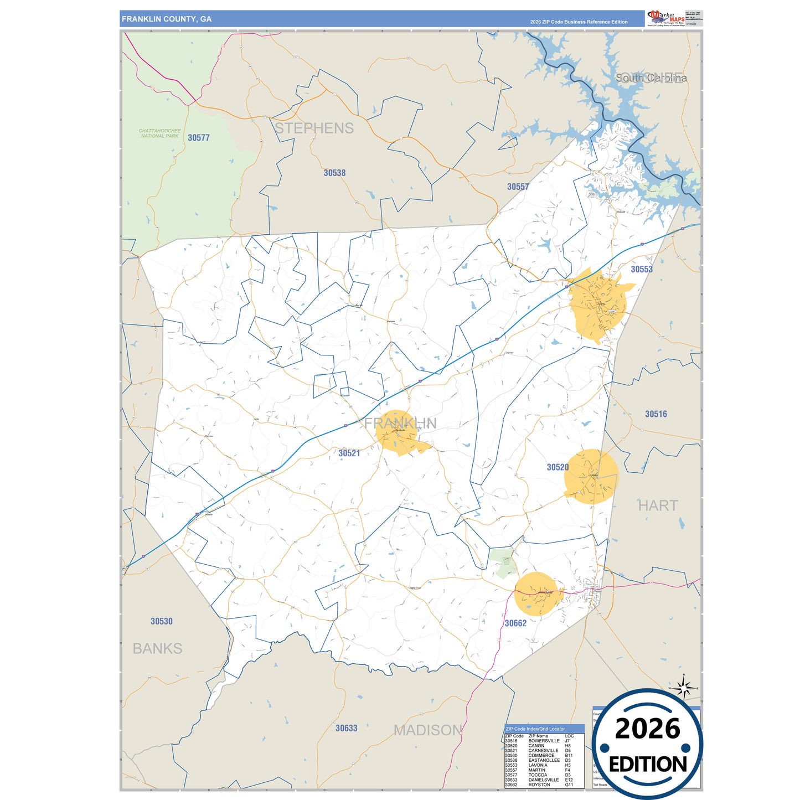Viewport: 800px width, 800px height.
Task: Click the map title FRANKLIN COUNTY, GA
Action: click(167, 19)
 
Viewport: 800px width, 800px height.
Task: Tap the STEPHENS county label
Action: click(314, 128)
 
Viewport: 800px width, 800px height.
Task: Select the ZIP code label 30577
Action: click(198, 138)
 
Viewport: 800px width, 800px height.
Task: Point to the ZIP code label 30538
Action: click(334, 173)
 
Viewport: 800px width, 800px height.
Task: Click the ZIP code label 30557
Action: click(518, 187)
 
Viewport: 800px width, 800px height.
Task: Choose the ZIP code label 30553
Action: click(641, 269)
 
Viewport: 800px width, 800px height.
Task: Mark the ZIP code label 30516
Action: click(656, 414)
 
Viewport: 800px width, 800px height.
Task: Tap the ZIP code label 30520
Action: click(558, 467)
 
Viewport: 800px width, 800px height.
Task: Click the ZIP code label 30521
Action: click(349, 453)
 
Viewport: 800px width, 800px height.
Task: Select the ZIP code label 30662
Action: click(515, 623)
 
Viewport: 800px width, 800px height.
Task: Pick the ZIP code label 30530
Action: click(161, 621)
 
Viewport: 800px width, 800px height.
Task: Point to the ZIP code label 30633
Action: click(346, 728)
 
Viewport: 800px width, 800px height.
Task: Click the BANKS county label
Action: click(157, 648)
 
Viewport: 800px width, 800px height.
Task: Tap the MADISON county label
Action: click(427, 730)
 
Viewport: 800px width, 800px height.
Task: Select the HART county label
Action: click(657, 505)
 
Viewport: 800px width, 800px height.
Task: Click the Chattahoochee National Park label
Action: click(159, 133)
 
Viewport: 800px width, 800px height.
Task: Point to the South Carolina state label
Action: click(651, 78)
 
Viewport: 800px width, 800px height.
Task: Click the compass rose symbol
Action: click(684, 689)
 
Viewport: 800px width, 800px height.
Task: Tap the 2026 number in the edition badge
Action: click(647, 729)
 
